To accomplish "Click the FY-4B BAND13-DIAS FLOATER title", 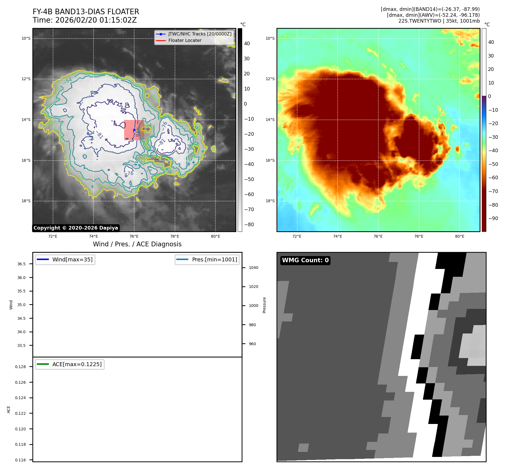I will (x=86, y=12).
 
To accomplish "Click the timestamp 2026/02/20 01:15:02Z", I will (x=96, y=20).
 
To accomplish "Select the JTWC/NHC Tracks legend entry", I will (x=199, y=34).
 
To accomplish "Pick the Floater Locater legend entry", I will (x=185, y=40).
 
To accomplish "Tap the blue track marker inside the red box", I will (x=134, y=130).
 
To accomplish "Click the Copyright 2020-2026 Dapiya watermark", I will (x=76, y=228).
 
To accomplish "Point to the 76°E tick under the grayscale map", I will (x=134, y=236).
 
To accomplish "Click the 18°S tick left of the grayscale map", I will (x=26, y=201).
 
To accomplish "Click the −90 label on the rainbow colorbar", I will (x=493, y=218).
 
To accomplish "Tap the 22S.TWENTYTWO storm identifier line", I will (x=439, y=21).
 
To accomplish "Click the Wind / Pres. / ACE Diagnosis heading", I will (x=137, y=244).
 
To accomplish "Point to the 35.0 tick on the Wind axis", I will (x=21, y=305).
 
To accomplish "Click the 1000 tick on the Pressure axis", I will (x=253, y=306).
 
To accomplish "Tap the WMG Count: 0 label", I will (x=305, y=260).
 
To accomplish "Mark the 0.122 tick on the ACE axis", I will (x=20, y=413).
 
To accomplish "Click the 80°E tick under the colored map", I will (x=460, y=236).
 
